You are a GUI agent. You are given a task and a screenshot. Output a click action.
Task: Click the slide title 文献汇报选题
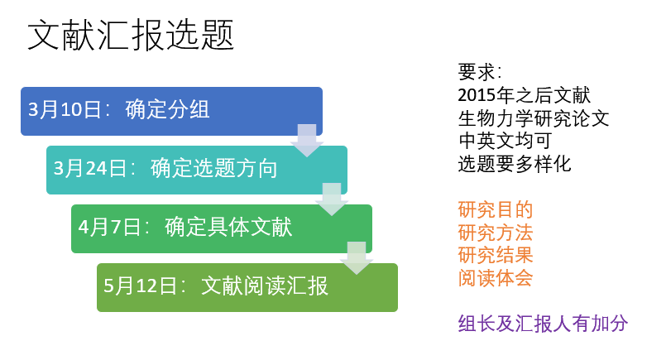(131, 36)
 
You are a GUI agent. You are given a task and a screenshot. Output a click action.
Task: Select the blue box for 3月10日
(171, 111)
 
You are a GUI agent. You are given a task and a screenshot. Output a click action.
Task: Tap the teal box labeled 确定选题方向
(197, 170)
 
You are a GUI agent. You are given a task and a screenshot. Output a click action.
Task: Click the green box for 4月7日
(222, 228)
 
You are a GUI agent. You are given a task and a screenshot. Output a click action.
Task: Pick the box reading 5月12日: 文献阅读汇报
(247, 287)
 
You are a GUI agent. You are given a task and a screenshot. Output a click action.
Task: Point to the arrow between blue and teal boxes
(307, 141)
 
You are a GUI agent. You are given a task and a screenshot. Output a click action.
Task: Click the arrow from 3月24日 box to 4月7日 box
(332, 199)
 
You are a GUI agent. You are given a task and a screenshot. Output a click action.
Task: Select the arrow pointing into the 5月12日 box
(357, 258)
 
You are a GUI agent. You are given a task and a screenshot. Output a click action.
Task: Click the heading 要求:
(480, 72)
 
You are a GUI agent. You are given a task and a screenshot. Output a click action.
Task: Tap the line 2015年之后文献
(525, 95)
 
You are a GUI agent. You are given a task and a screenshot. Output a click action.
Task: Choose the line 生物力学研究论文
(534, 118)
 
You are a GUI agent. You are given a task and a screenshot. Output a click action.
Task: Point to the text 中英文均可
(505, 142)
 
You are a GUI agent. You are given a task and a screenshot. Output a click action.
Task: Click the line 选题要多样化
(515, 164)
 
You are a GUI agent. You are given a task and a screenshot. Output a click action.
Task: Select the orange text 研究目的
(496, 210)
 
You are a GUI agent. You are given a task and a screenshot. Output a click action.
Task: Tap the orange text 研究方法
(496, 233)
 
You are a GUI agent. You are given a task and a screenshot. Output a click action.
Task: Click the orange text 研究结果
(496, 256)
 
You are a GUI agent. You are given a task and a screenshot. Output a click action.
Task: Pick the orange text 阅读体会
(496, 278)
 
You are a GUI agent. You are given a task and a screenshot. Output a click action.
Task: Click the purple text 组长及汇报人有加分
(543, 324)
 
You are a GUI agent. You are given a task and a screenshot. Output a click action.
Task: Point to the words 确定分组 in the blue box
(167, 110)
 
